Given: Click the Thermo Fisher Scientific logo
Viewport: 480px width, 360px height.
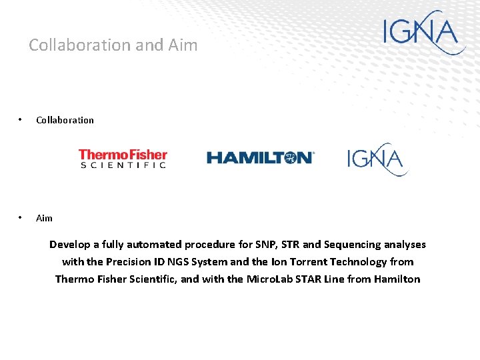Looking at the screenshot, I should [123, 159].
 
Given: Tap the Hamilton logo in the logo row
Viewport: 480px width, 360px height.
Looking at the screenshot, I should [260, 157].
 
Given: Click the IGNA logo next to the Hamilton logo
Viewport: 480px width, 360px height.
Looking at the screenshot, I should [377, 159].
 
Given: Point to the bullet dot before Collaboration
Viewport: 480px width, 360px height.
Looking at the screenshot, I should [21, 120].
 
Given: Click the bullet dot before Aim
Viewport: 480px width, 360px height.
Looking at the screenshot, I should [21, 218].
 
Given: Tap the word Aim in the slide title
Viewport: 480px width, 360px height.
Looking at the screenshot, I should [183, 45].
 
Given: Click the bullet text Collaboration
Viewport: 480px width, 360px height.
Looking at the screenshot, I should [65, 120].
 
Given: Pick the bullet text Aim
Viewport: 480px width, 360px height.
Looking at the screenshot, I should [44, 218].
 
